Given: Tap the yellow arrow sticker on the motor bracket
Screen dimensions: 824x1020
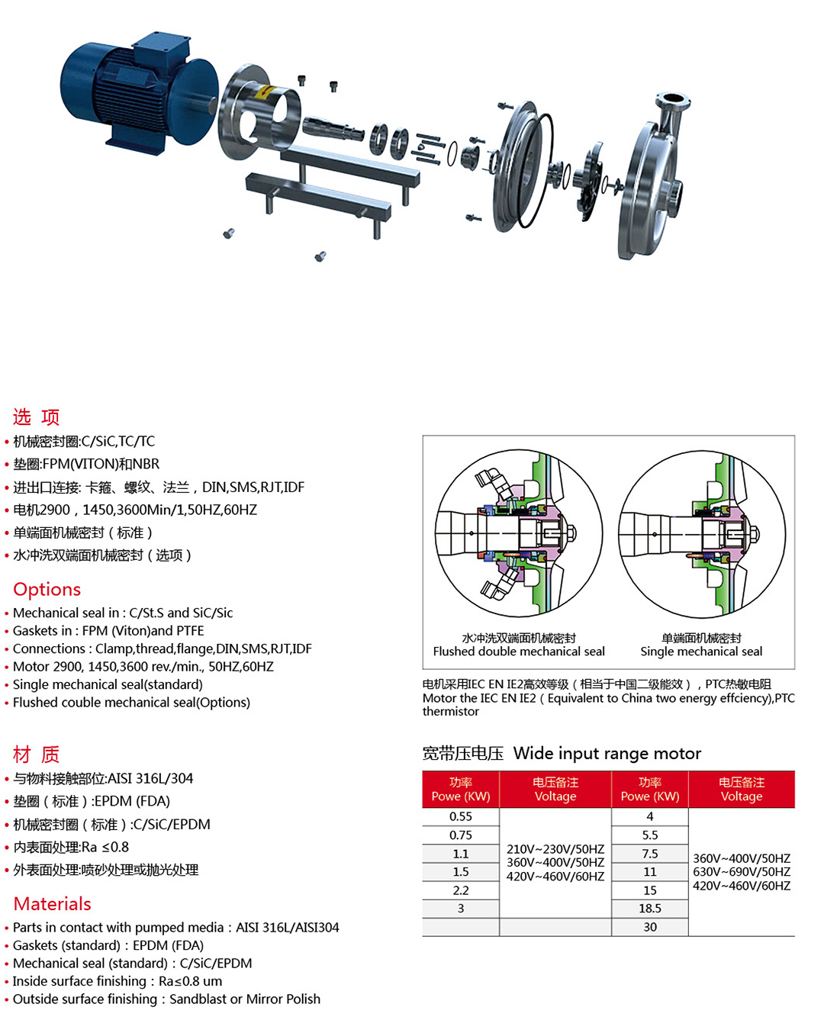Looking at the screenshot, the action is [264, 92].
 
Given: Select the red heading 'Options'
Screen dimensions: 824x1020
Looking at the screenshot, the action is [47, 588].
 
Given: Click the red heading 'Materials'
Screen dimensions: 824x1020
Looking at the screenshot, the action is [52, 903].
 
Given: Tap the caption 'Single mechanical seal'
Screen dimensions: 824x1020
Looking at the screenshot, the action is [701, 652].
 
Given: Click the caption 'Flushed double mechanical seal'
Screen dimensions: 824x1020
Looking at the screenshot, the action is [519, 652].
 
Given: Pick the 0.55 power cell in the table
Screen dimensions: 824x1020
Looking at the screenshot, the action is [461, 816].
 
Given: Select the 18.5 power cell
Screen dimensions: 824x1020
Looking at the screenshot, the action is [650, 908].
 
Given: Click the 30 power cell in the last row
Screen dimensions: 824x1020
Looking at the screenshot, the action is [650, 927].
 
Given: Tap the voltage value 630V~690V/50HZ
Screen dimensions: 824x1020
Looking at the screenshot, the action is [742, 871].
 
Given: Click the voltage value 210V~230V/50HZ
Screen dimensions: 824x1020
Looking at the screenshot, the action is [555, 849].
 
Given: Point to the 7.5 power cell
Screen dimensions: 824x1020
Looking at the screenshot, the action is [650, 854].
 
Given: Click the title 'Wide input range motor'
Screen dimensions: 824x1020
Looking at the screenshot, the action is [607, 753].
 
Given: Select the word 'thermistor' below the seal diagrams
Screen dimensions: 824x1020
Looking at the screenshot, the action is [451, 712].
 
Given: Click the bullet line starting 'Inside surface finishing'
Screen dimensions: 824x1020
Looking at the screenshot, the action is [117, 981].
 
